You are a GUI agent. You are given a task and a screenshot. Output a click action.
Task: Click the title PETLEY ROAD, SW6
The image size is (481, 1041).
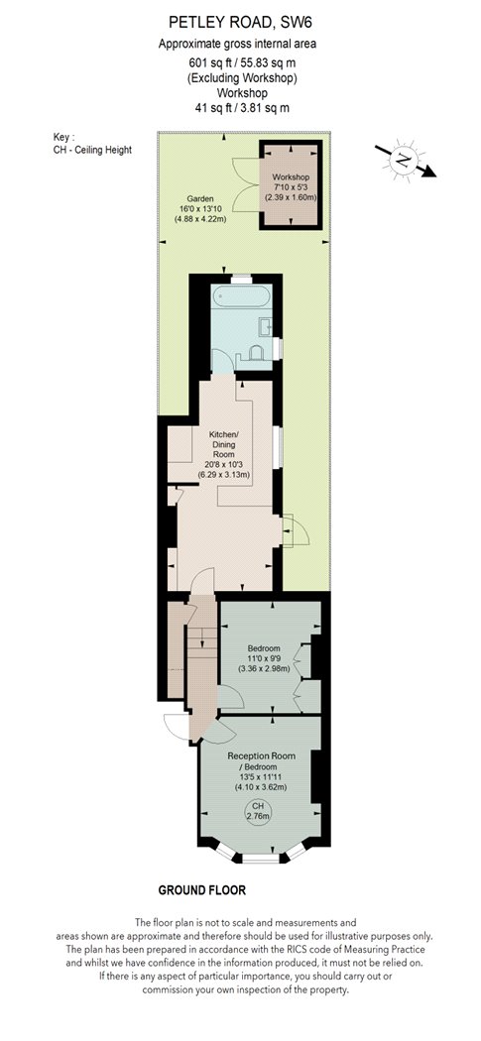[240, 24]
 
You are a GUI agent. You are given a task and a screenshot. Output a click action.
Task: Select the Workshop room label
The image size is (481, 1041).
[290, 177]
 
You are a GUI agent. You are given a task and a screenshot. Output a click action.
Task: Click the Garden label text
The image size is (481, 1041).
[200, 198]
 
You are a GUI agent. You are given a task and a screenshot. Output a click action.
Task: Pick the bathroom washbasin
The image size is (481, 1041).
[265, 327]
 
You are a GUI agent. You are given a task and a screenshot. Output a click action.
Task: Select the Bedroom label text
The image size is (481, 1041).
[265, 648]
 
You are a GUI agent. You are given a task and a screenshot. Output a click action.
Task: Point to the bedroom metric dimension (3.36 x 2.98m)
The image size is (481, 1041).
[265, 669]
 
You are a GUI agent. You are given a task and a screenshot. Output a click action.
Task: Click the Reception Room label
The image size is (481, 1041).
[261, 755]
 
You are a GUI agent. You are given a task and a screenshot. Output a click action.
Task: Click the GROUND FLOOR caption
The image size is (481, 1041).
[202, 889]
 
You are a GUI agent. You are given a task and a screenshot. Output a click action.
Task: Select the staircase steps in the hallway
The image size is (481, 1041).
[202, 639]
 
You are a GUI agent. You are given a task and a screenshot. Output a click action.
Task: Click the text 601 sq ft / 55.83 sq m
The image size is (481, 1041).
[240, 63]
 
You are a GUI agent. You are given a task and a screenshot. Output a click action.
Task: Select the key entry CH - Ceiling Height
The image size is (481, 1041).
[92, 150]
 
